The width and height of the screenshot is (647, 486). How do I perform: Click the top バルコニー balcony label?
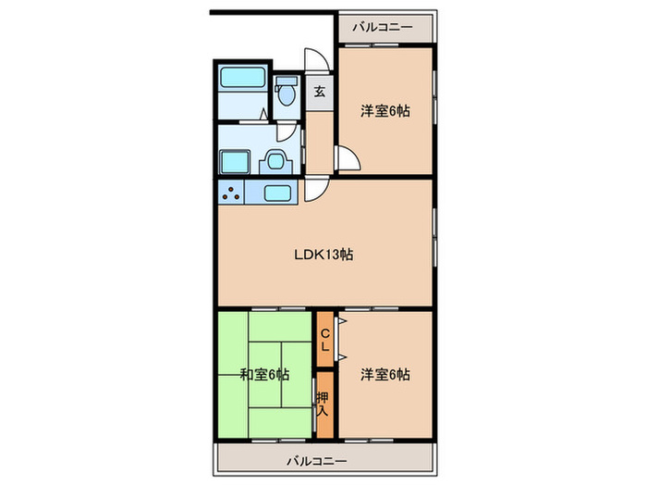click(x=383, y=27)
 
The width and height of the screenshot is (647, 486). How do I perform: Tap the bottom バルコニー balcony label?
click(x=317, y=460)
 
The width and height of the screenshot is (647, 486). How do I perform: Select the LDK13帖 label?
click(x=323, y=255)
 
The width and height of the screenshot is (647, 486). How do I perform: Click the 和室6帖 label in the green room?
click(x=264, y=374)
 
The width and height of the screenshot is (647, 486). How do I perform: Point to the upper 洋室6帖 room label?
click(x=385, y=111)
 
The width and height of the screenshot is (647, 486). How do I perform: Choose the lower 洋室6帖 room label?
click(x=385, y=374)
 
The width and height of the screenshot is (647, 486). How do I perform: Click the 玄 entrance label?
click(x=320, y=92)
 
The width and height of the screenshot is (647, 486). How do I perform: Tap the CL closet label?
click(x=325, y=339)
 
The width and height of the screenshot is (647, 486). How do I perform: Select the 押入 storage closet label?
click(x=323, y=405)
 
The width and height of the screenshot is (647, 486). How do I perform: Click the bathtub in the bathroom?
click(x=242, y=77)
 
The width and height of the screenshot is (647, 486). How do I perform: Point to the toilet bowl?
click(x=286, y=95)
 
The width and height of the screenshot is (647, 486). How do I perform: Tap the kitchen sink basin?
click(x=277, y=193)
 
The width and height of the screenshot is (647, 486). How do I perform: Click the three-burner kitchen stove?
click(x=231, y=192)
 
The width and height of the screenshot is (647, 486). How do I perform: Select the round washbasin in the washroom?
click(x=275, y=161)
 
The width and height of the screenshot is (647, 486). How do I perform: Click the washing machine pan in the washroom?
click(x=235, y=162)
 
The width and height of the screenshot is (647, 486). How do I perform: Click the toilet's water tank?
click(x=286, y=81)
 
